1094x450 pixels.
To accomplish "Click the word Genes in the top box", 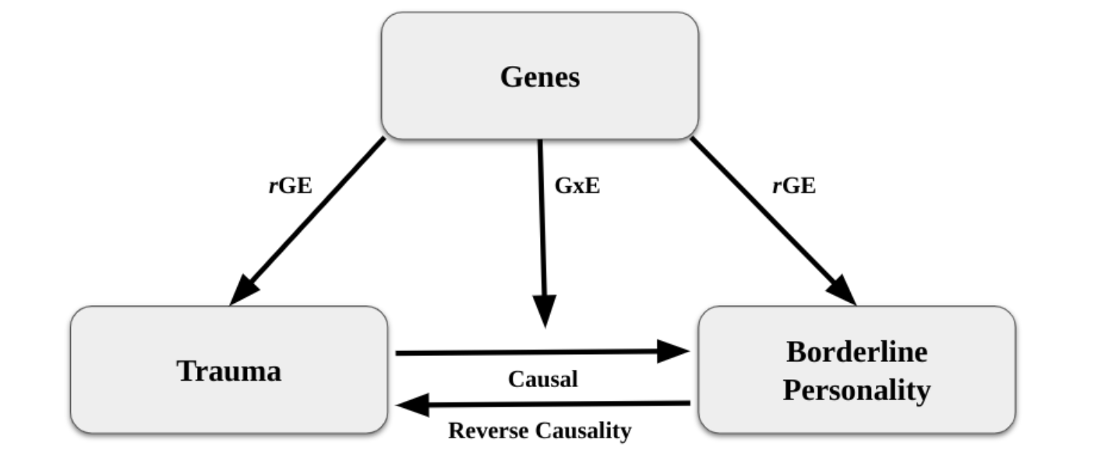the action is point(540,77).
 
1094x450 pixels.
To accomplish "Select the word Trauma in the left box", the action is point(229,371).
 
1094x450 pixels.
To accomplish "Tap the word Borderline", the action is point(856,352).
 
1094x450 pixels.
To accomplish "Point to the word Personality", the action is point(856,391).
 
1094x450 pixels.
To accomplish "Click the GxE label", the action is point(577,185).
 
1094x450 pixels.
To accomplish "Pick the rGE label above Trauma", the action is point(290,185).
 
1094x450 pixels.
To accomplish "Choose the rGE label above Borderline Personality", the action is point(794,185).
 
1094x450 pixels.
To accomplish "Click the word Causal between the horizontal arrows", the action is point(542,379).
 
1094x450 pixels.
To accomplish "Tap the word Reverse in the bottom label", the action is point(489,431).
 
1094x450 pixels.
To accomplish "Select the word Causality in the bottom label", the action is point(583,431).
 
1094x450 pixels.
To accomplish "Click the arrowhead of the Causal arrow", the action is point(673,351).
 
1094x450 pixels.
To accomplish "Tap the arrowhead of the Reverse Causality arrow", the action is point(413,405).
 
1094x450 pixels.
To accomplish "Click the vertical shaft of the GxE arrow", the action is point(542,218).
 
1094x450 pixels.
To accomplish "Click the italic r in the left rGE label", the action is point(273,186).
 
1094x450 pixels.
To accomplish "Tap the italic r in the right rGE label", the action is point(777,186).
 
